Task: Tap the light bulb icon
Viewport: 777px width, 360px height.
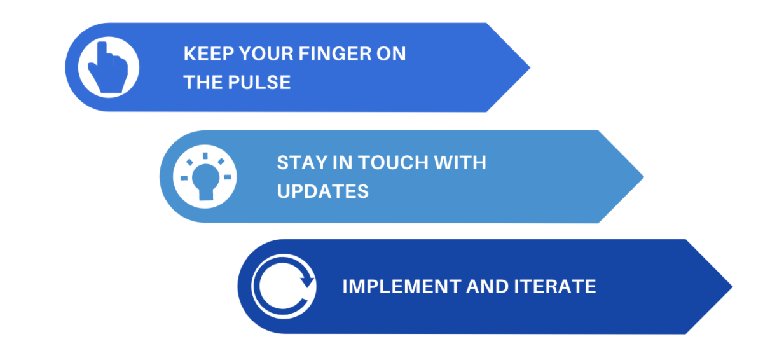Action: click(205, 177)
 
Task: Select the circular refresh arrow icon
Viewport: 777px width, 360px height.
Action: click(284, 286)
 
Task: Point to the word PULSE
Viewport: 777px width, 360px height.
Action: click(259, 83)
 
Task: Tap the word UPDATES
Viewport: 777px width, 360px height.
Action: click(322, 191)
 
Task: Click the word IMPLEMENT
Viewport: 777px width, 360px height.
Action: click(402, 287)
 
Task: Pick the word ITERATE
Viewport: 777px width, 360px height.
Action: click(554, 287)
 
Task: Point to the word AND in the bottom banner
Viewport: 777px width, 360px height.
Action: click(487, 287)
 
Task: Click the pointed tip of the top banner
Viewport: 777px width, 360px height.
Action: click(530, 67)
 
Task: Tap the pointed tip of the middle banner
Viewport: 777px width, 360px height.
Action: click(644, 177)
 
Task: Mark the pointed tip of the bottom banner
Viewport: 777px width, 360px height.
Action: click(732, 287)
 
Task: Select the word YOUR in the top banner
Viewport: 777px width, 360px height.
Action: click(266, 54)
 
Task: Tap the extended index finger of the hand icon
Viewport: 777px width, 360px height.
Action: click(102, 52)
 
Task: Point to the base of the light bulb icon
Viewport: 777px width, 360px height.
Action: click(206, 195)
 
